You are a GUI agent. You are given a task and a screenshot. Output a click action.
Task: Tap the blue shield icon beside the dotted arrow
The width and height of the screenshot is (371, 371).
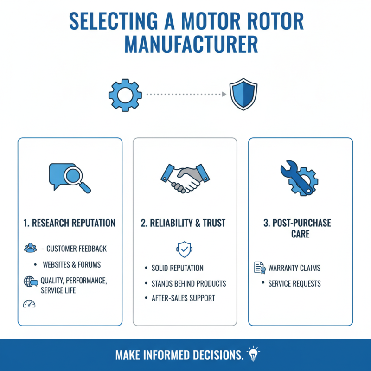click(x=243, y=94)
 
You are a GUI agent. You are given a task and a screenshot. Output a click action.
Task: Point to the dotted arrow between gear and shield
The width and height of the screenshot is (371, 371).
click(x=185, y=94)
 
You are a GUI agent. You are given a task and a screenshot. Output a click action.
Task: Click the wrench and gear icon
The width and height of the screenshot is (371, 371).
click(x=299, y=178)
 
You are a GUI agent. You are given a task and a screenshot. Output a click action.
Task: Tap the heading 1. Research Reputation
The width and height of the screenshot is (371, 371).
click(x=69, y=223)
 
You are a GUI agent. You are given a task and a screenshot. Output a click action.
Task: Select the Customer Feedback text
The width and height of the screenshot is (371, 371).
click(x=76, y=249)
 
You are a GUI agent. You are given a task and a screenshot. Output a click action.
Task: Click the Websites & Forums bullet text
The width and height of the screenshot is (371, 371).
click(x=71, y=265)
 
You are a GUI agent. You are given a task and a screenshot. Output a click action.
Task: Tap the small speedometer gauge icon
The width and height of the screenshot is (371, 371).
click(x=29, y=304)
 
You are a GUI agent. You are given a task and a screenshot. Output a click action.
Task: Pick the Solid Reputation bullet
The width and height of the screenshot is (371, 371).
click(x=177, y=268)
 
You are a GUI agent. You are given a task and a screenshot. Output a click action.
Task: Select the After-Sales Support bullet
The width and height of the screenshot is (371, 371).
click(x=183, y=298)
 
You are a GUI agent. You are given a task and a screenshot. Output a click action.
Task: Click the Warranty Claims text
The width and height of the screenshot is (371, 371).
click(x=294, y=268)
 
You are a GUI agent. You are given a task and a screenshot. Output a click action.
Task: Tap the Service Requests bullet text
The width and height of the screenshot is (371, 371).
click(x=294, y=283)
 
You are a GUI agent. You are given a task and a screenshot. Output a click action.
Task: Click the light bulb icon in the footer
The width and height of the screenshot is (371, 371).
click(x=253, y=354)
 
